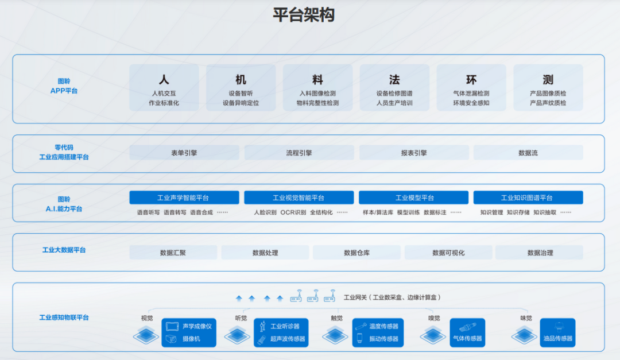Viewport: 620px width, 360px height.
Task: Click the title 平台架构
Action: coord(303,16)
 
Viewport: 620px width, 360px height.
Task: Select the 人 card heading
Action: coord(164,80)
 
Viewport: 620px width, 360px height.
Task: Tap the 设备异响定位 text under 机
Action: coord(241,103)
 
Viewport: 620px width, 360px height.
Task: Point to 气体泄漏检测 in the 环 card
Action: coord(471,93)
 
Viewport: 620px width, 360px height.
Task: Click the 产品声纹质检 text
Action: coord(548,103)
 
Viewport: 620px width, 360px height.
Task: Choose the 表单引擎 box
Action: coord(184,153)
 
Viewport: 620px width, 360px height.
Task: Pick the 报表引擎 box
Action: coord(414,153)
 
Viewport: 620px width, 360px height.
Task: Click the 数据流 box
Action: coord(528,153)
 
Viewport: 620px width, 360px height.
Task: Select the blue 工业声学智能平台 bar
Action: coord(184,198)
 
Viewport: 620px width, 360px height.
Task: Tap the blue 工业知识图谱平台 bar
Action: coord(528,198)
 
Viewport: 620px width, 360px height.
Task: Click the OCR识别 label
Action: coord(293,212)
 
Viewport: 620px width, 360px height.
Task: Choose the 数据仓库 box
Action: coord(356,253)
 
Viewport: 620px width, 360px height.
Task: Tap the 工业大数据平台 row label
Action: coord(64,250)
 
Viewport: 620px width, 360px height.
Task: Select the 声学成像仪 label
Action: coord(197,326)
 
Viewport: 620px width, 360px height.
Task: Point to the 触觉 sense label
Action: coord(336,318)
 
